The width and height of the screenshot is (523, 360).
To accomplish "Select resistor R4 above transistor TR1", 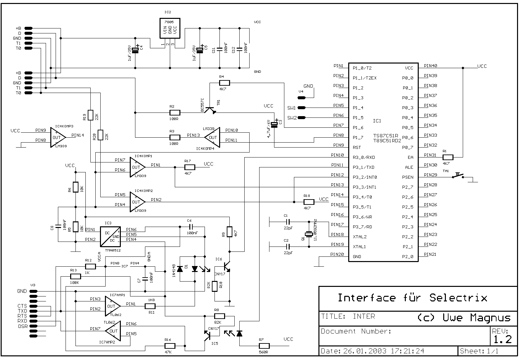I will tap(224, 83).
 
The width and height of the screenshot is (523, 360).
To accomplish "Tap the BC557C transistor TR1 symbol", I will tap(210, 109).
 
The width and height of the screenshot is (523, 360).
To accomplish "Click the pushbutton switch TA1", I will tap(458, 176).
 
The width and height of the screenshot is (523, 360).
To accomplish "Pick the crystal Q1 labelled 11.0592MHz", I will tap(309, 235).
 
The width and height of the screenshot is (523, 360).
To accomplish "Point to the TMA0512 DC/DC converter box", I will tap(110, 237).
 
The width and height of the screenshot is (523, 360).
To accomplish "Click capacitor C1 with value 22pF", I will tap(288, 222).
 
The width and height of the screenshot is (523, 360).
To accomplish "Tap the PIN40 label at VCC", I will tap(430, 66).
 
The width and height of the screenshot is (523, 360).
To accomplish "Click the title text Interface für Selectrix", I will tap(412, 298).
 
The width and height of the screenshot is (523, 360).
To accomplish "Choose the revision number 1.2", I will tap(502, 339).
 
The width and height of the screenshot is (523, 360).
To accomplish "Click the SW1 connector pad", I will tap(302, 108).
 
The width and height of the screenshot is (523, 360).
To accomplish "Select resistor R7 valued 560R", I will tap(264, 346).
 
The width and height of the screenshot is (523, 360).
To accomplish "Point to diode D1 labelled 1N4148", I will tap(180, 269).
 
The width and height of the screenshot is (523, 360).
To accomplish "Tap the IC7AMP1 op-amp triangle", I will tap(112, 306).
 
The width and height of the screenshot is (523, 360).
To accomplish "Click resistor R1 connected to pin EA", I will tap(448, 157).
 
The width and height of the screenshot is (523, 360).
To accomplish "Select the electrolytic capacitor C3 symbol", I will tap(274, 125).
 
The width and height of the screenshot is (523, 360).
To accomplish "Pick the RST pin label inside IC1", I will tap(357, 147).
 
